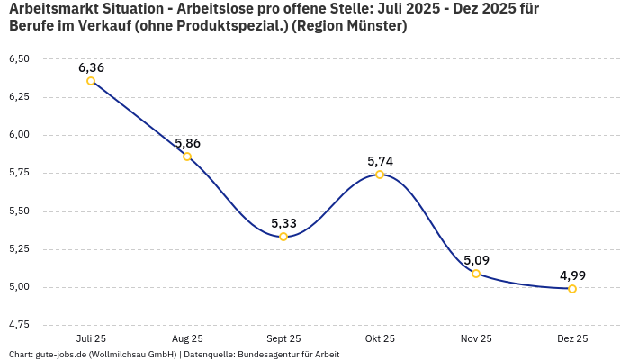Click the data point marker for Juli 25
point(91,81)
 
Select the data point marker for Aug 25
point(187,157)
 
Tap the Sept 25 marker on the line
point(283,237)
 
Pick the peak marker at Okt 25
point(380,175)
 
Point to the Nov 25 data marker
point(476,274)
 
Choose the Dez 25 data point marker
point(572,289)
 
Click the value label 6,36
point(91,67)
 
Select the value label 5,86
point(187,143)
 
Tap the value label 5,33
point(283,223)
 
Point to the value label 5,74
point(380,161)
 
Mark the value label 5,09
point(476,260)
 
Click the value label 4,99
point(572,275)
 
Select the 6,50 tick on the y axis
point(19,58)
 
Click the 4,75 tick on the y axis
point(19,323)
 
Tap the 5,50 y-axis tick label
point(19,211)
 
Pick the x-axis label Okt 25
point(380,338)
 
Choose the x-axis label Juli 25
point(91,338)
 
